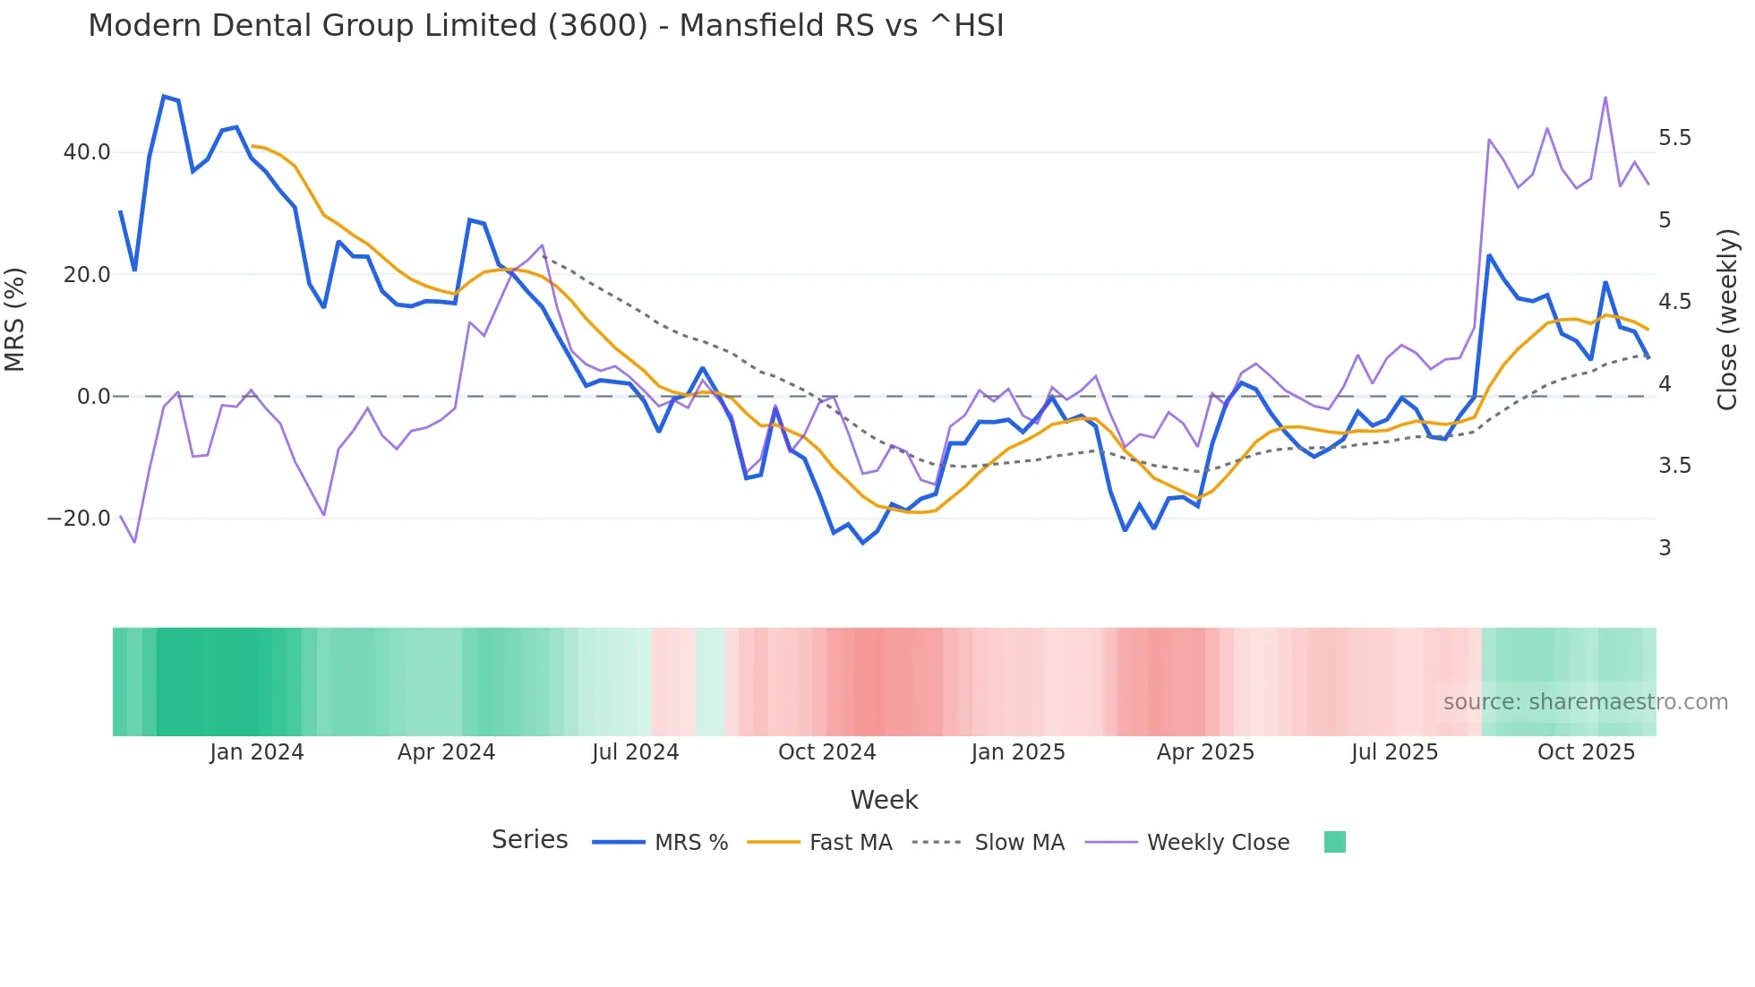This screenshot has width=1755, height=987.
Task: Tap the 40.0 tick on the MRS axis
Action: (x=87, y=152)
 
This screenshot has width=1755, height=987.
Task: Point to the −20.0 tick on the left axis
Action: (x=79, y=519)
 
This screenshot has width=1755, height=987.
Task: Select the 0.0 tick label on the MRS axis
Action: (x=94, y=397)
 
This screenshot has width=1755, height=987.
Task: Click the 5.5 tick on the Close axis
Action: (x=1674, y=138)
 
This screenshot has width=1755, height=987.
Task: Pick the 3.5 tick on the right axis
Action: (x=1674, y=466)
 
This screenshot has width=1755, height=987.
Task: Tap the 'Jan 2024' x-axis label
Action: (x=257, y=752)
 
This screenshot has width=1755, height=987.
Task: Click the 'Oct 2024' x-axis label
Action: (x=826, y=752)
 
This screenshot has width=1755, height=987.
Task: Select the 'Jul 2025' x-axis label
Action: (x=1394, y=752)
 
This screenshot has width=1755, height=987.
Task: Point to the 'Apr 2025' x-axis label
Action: (x=1205, y=752)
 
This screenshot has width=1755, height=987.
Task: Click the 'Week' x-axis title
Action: (x=884, y=800)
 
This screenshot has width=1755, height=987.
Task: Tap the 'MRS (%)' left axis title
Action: (x=15, y=320)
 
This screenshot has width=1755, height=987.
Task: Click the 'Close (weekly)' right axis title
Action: (x=1727, y=320)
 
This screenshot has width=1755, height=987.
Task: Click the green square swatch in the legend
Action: (x=1334, y=842)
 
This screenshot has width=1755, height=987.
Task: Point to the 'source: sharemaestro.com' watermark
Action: (x=1585, y=702)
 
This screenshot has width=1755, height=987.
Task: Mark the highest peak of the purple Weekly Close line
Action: (x=1605, y=97)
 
